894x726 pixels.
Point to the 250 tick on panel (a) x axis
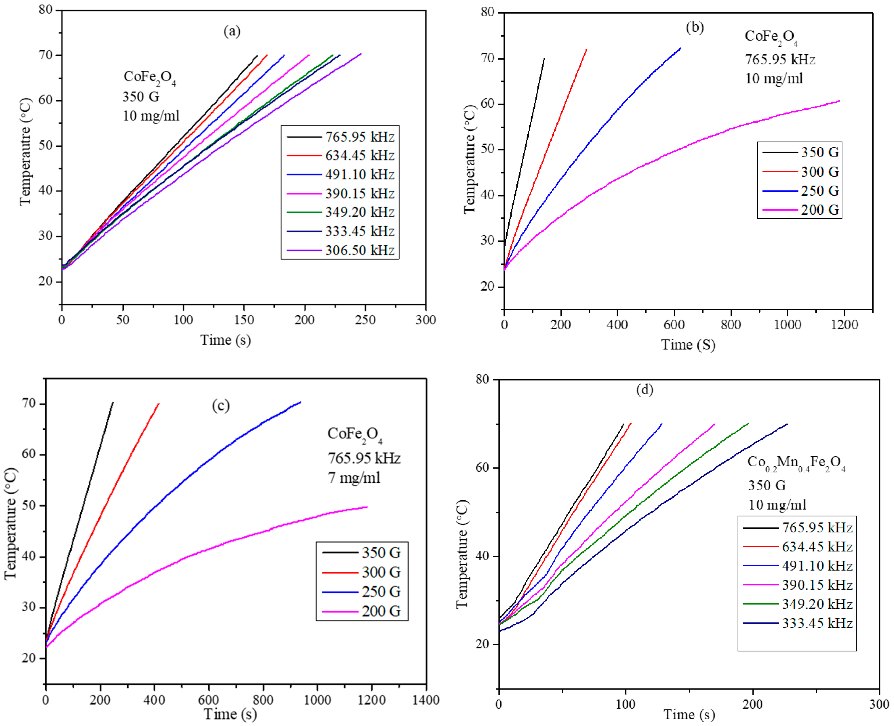point(365,320)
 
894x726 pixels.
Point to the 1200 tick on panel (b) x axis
point(844,325)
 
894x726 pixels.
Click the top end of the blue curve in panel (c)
point(300,402)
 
